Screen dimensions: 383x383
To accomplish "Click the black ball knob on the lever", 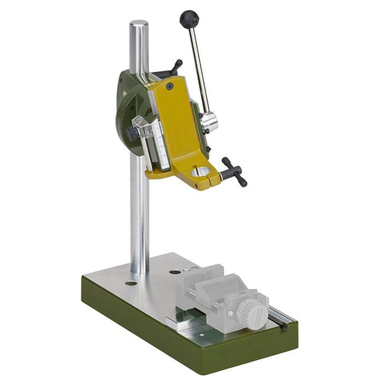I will pyautogui.click(x=189, y=19).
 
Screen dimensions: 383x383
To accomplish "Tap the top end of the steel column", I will pyautogui.click(x=138, y=27).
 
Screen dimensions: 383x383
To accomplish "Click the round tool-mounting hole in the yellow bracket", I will pyautogui.click(x=201, y=172).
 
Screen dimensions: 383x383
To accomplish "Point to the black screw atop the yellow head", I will pyautogui.click(x=170, y=86).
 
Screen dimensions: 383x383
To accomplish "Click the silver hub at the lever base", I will pyautogui.click(x=208, y=122).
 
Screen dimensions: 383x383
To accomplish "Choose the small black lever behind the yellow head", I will pyautogui.click(x=175, y=68).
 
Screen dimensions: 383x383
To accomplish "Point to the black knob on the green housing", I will pyautogui.click(x=131, y=134).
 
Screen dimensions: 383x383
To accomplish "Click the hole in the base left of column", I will pyautogui.click(x=130, y=283).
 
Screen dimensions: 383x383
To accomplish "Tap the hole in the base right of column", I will pyautogui.click(x=175, y=272).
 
